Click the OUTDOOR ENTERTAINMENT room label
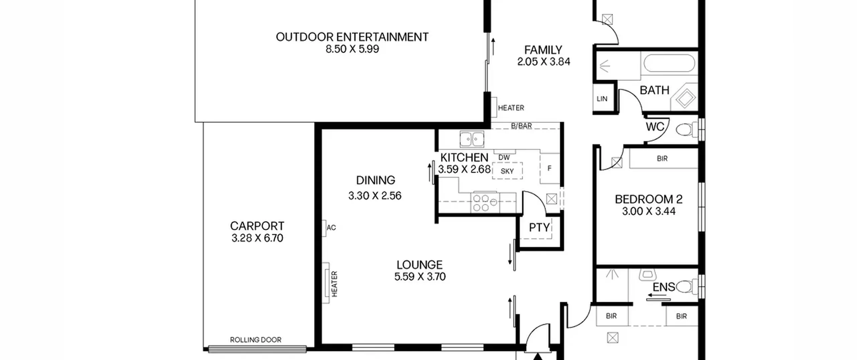click(352, 37)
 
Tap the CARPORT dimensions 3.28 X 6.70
click(257, 238)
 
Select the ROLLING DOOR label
click(256, 340)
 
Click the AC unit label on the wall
click(331, 228)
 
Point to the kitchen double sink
click(472, 139)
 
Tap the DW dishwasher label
click(504, 157)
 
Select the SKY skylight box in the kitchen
click(507, 171)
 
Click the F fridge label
click(549, 168)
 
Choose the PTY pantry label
click(539, 228)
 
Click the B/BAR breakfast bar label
click(522, 126)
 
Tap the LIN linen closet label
click(602, 99)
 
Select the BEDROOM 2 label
click(648, 199)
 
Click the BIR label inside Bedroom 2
click(662, 158)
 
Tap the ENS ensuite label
click(664, 287)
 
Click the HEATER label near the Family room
click(511, 108)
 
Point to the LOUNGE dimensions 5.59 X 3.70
click(420, 277)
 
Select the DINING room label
click(376, 180)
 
